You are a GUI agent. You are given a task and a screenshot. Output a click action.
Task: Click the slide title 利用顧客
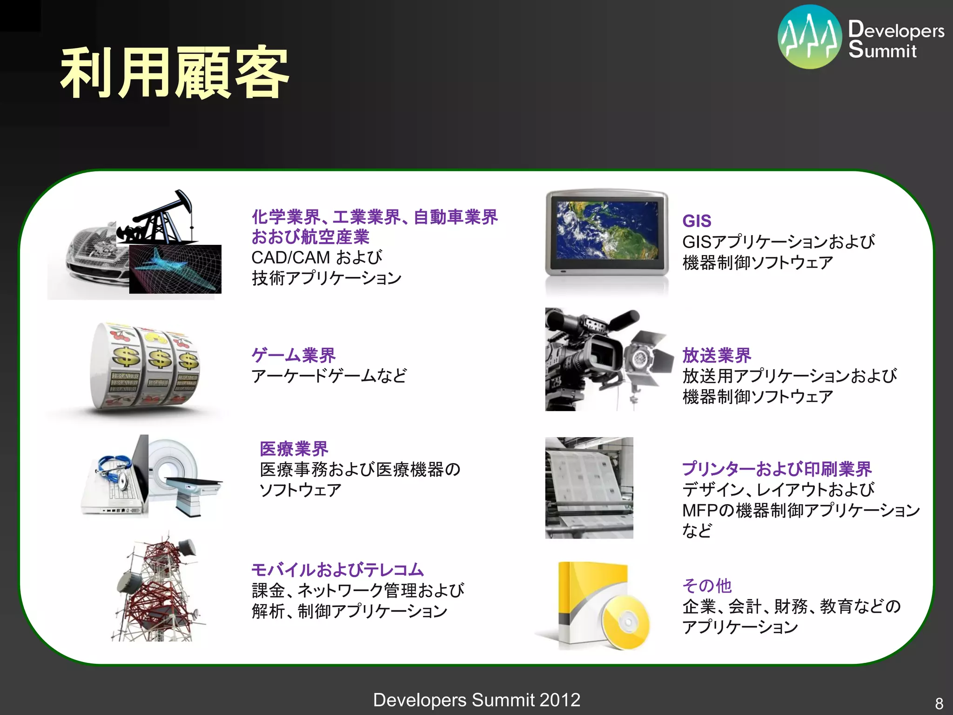pos(174,73)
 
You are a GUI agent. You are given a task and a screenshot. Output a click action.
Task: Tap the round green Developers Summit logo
pos(810,37)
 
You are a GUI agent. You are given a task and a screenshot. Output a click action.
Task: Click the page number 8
pos(939,703)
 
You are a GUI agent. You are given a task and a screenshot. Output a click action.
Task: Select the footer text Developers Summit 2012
pos(476,700)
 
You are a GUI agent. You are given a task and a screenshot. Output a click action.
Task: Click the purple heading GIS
pos(697,221)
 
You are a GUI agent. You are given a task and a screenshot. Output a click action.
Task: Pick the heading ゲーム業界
pos(293,355)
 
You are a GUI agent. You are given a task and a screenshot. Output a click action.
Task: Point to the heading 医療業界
pos(294,449)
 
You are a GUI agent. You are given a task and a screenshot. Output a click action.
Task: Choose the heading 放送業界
pos(717,355)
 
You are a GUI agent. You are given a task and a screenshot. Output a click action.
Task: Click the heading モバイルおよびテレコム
pos(337,570)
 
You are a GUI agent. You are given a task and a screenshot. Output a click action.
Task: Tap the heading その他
pos(707,586)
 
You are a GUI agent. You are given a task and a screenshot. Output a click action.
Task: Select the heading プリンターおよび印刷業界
pos(777,469)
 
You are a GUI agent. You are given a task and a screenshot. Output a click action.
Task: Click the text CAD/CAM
pos(290,257)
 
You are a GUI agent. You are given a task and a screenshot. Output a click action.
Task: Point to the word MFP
pos(700,511)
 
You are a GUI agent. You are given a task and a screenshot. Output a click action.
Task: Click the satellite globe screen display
pos(607,230)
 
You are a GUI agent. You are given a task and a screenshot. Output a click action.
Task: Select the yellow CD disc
pos(626,621)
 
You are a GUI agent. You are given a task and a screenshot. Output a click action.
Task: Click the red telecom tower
pos(158,591)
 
